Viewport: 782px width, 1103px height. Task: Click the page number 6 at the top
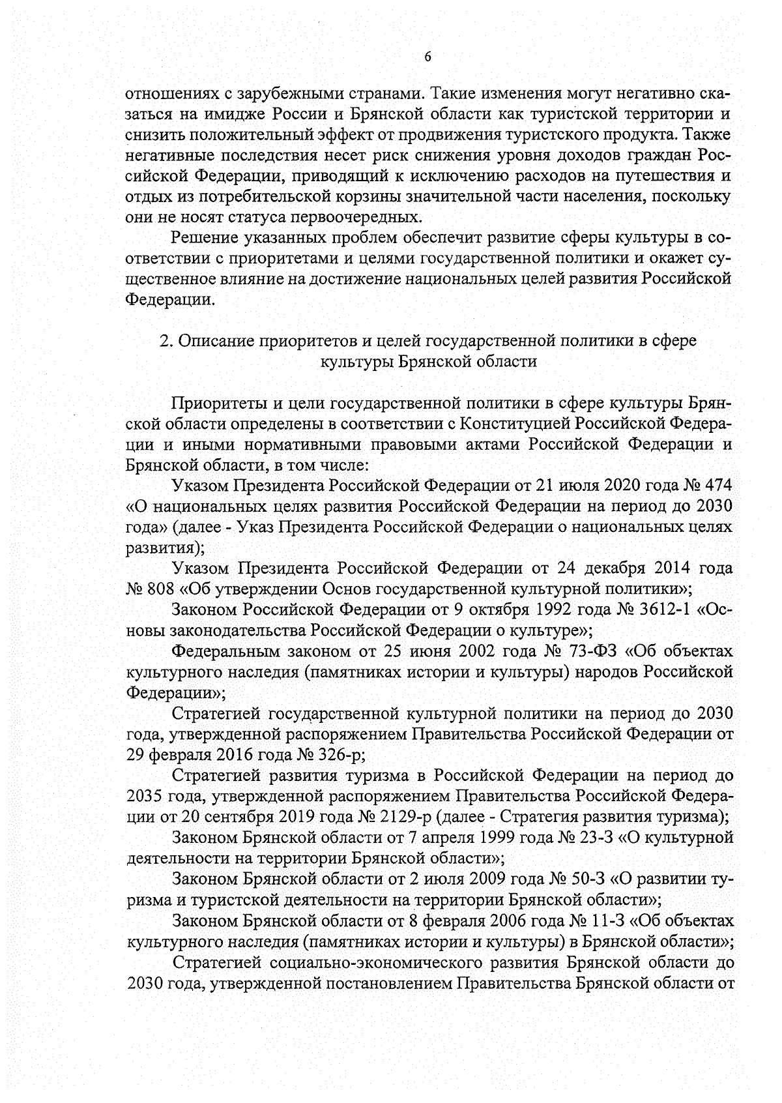[428, 57]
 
